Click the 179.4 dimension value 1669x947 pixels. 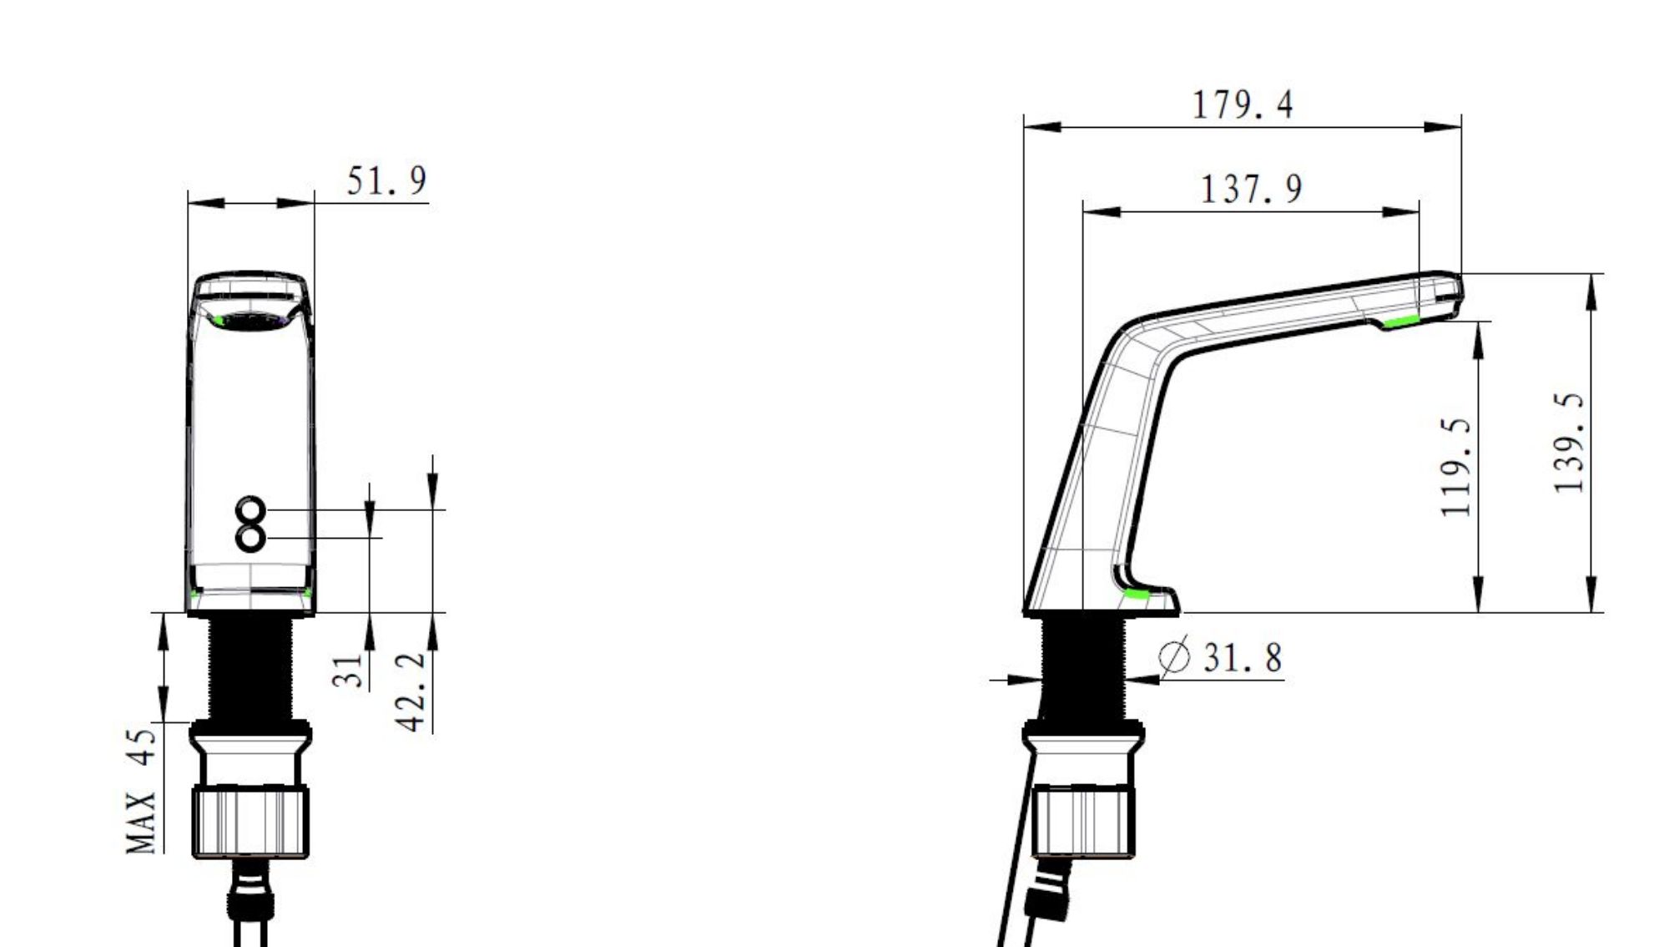click(x=1242, y=105)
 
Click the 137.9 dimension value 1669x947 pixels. click(x=1250, y=189)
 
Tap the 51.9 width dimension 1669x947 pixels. click(x=386, y=181)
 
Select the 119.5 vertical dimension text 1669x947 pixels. click(x=1455, y=468)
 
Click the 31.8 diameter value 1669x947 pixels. click(x=1242, y=658)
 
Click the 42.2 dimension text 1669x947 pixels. click(x=411, y=692)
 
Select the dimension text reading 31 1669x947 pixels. click(x=348, y=671)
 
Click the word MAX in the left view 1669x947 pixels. click(x=141, y=823)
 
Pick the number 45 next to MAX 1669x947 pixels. click(x=141, y=747)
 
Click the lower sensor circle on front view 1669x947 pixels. click(x=250, y=537)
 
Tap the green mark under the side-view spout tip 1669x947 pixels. click(x=1401, y=322)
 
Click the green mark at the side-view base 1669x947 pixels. click(x=1136, y=594)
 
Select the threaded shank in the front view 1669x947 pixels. click(x=250, y=668)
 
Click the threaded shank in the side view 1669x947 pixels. click(x=1082, y=668)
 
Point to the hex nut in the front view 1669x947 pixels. click(x=250, y=823)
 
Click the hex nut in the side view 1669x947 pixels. click(x=1082, y=823)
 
